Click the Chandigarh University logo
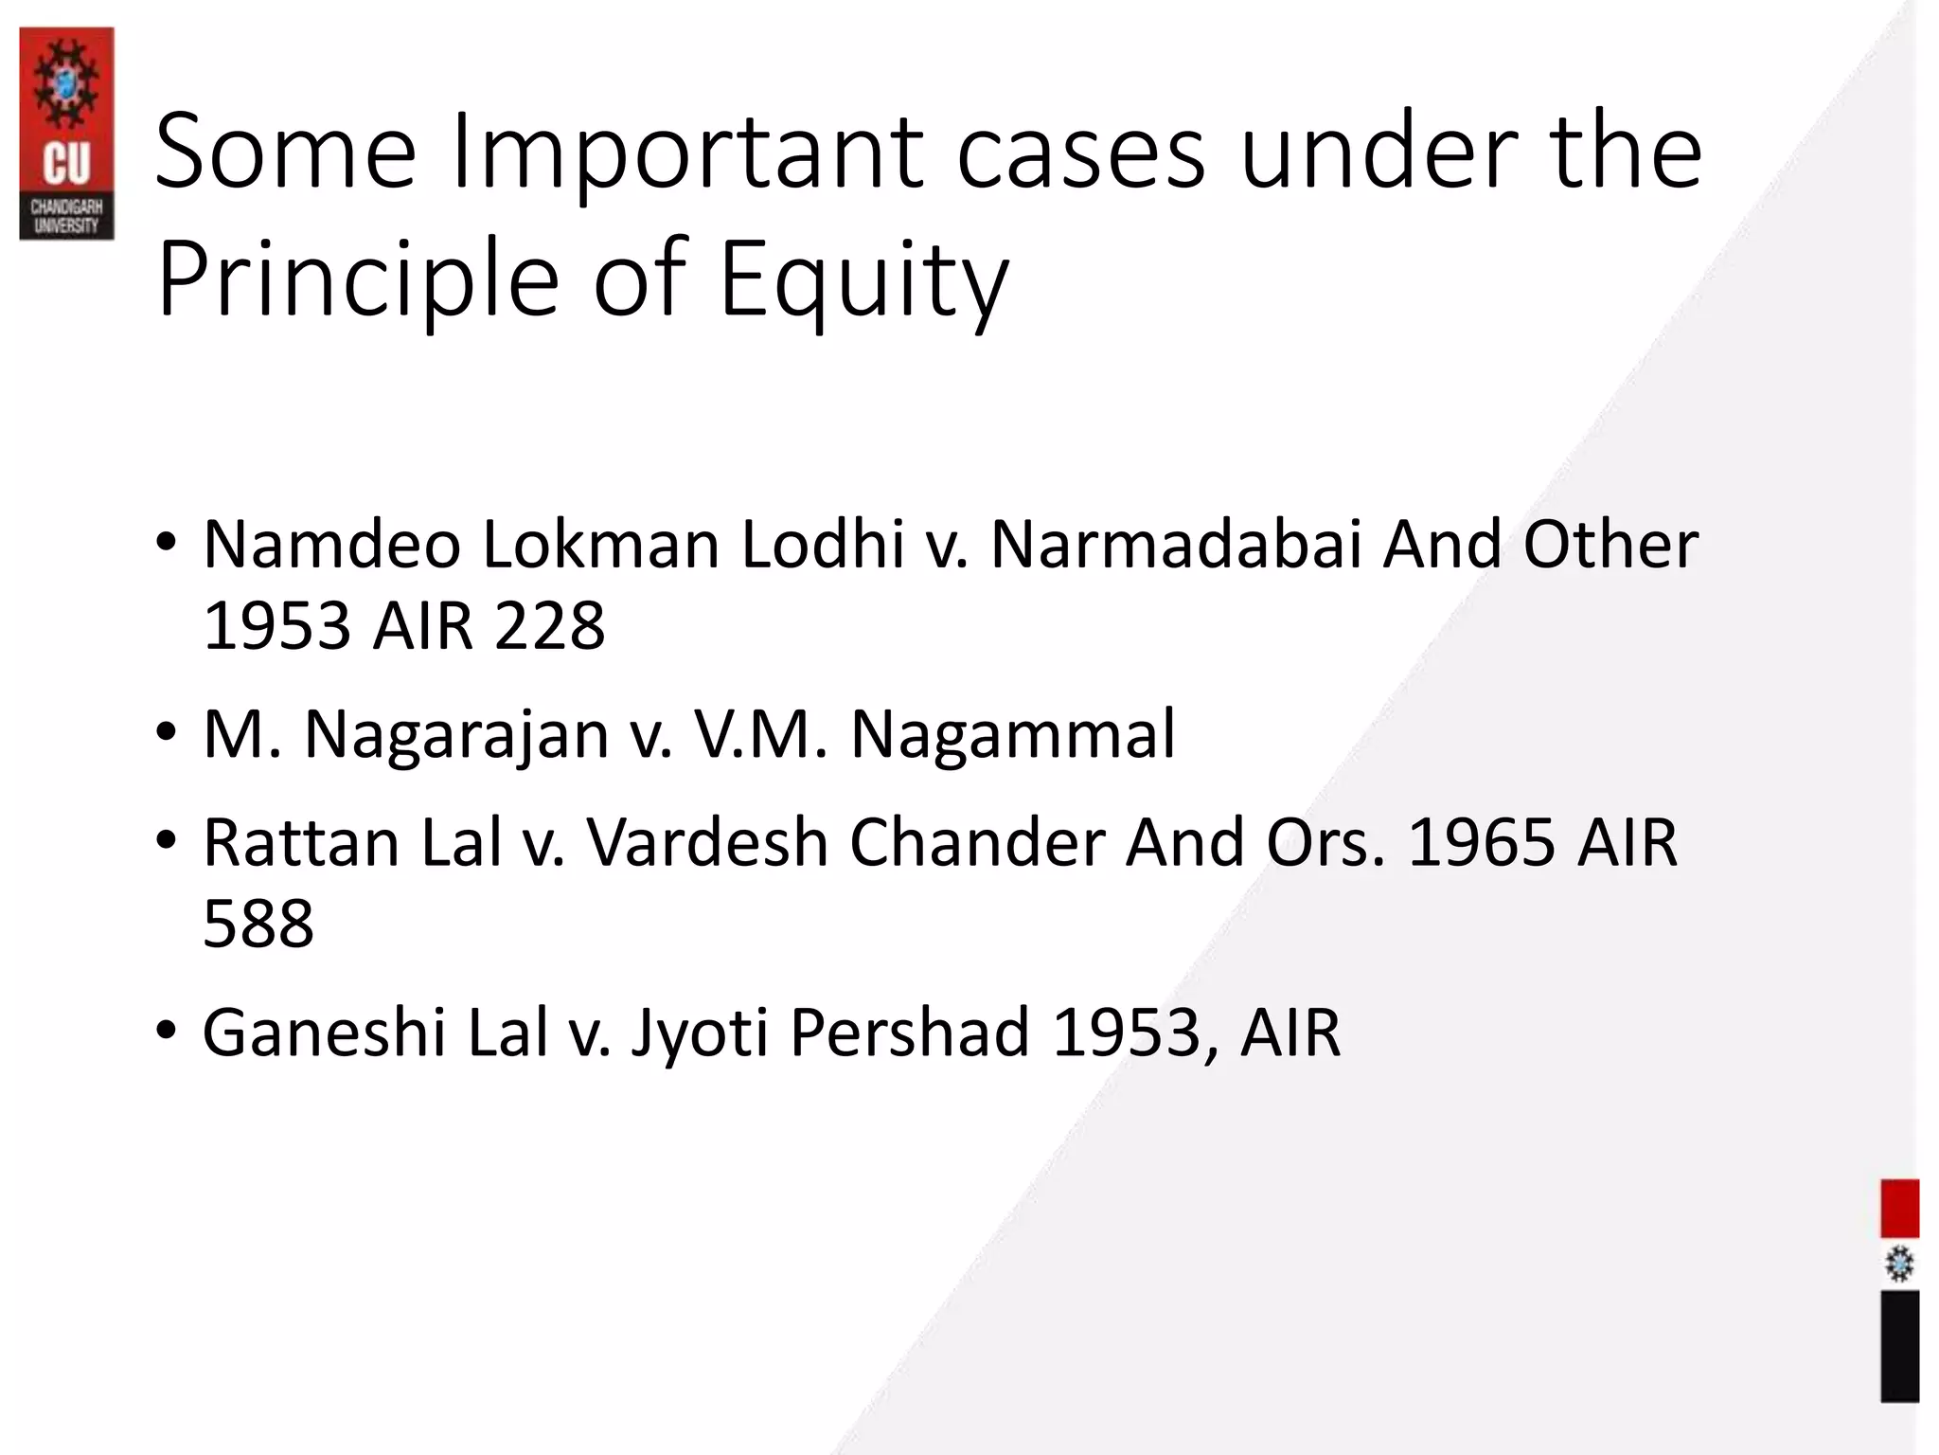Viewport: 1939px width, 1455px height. tap(66, 133)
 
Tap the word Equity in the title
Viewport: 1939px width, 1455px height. tap(863, 280)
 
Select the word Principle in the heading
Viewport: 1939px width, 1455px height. tap(358, 280)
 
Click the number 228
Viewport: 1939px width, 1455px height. tap(549, 626)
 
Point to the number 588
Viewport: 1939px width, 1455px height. tap(258, 924)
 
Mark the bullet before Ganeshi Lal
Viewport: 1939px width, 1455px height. tap(167, 1031)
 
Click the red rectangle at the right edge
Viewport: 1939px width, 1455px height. tap(1899, 1208)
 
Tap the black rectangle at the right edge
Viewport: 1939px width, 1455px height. tap(1899, 1345)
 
